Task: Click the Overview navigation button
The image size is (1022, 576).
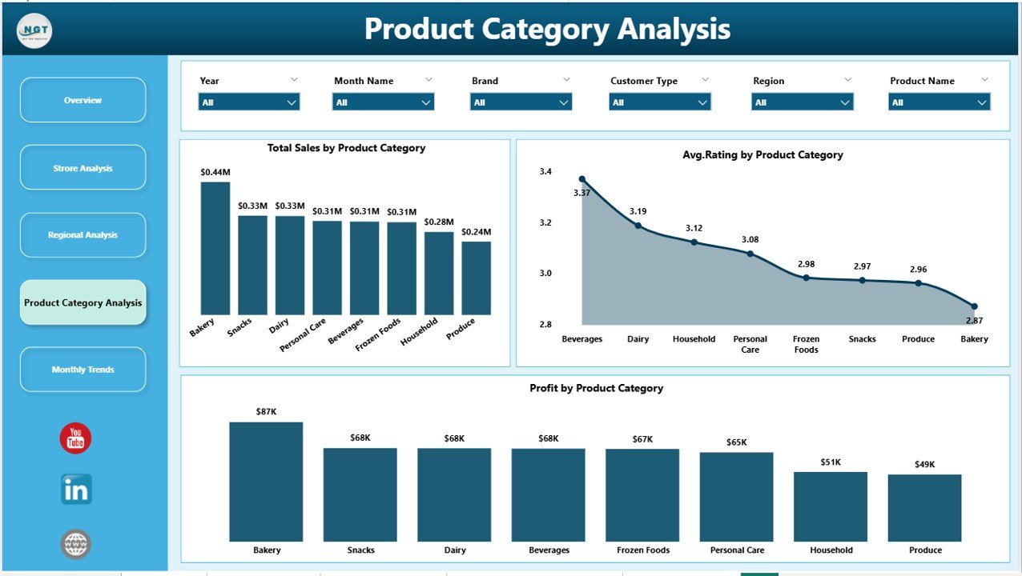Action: pyautogui.click(x=82, y=100)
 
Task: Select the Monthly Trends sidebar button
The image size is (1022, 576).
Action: pyautogui.click(x=82, y=370)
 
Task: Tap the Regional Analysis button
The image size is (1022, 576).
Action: pyautogui.click(x=82, y=235)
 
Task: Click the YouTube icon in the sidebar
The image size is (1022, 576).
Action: pyautogui.click(x=75, y=438)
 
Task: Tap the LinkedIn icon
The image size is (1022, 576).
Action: pyautogui.click(x=76, y=490)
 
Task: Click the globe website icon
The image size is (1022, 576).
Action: pyautogui.click(x=76, y=545)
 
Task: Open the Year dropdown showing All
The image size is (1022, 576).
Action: pyautogui.click(x=248, y=102)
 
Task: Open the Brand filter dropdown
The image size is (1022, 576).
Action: pyautogui.click(x=521, y=102)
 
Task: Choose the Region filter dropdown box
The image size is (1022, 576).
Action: pyautogui.click(x=802, y=102)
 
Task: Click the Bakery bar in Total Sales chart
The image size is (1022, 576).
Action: pyautogui.click(x=215, y=248)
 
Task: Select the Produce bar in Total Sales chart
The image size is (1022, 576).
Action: pyautogui.click(x=476, y=278)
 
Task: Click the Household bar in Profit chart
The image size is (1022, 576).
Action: pyautogui.click(x=831, y=506)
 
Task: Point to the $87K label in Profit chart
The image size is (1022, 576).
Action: pyautogui.click(x=266, y=410)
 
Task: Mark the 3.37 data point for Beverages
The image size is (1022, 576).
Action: pyautogui.click(x=582, y=179)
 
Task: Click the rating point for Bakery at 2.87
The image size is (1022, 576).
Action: pyautogui.click(x=974, y=306)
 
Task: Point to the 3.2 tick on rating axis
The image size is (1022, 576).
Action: pyautogui.click(x=545, y=222)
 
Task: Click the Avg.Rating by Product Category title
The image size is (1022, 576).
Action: pyautogui.click(x=762, y=155)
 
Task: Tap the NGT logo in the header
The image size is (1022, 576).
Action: pyautogui.click(x=34, y=30)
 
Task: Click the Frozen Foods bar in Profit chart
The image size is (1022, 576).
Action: pyautogui.click(x=642, y=495)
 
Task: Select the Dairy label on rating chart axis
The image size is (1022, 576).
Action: pyautogui.click(x=638, y=339)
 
